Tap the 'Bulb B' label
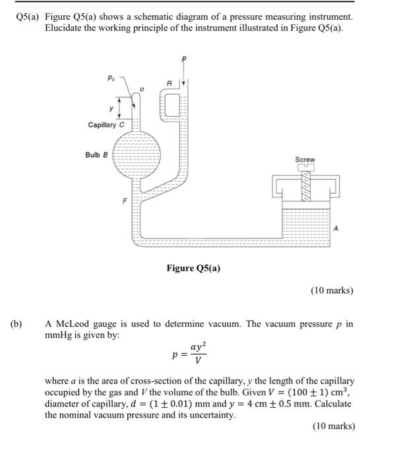click(96, 154)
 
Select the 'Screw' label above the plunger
click(305, 160)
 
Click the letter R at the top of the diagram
click(169, 83)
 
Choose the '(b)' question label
click(16, 324)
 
